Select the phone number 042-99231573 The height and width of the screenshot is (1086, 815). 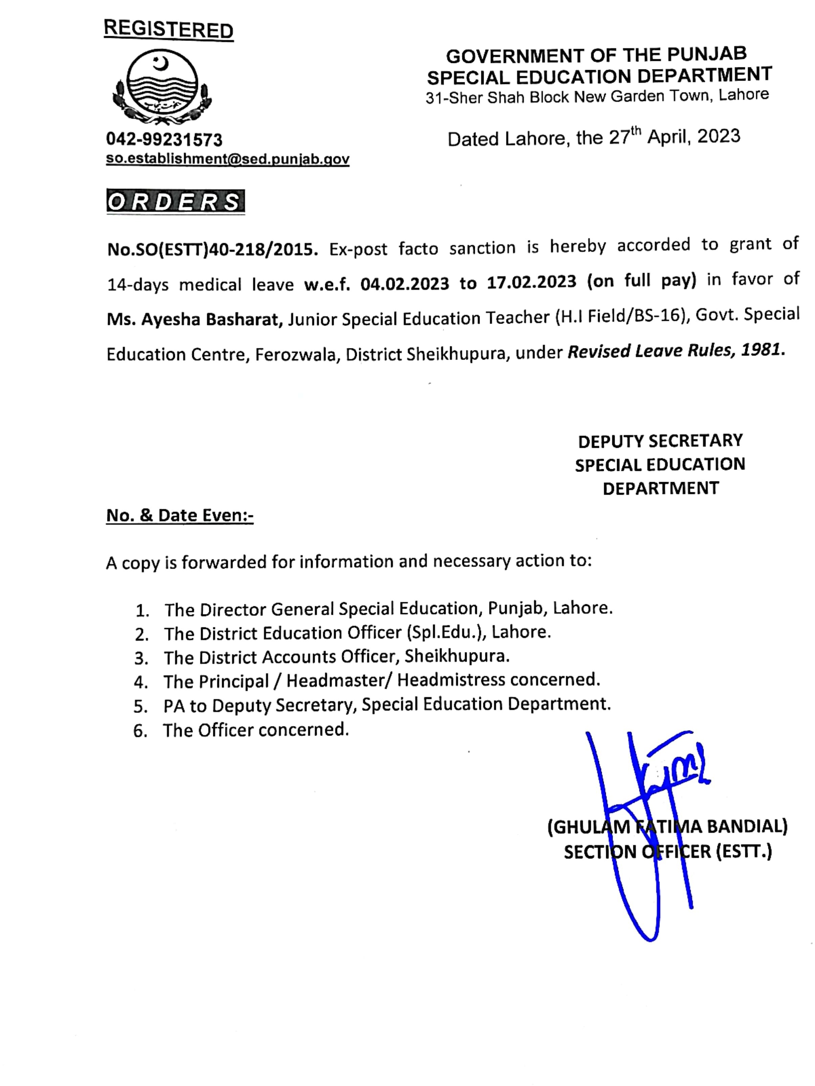164,140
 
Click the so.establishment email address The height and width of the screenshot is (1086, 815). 227,159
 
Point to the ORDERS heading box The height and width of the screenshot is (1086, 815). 175,202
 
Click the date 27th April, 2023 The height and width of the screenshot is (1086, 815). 674,136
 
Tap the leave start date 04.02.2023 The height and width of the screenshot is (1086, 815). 404,284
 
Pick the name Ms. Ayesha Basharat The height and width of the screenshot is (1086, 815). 195,320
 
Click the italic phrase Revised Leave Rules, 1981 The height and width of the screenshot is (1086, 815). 676,350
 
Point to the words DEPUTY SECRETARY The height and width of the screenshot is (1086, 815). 660,441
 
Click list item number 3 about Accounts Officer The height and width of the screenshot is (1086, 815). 336,657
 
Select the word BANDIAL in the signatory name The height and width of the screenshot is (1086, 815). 746,827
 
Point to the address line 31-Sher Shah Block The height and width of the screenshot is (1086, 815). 596,96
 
